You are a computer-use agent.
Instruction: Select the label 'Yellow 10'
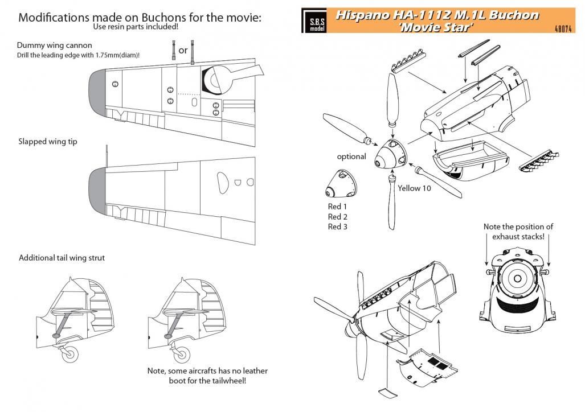[414, 188]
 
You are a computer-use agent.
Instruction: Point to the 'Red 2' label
[338, 217]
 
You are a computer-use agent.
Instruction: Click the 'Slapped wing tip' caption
[48, 142]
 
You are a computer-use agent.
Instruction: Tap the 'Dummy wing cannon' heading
[55, 45]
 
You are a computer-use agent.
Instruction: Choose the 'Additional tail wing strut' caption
[62, 258]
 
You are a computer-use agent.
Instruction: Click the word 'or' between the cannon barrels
[183, 50]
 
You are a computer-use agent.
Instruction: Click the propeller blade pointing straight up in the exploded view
[390, 100]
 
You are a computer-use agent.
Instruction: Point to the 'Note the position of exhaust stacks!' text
[518, 230]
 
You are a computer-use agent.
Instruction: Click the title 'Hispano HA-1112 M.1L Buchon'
[436, 15]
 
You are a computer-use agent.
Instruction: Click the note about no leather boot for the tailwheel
[207, 375]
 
